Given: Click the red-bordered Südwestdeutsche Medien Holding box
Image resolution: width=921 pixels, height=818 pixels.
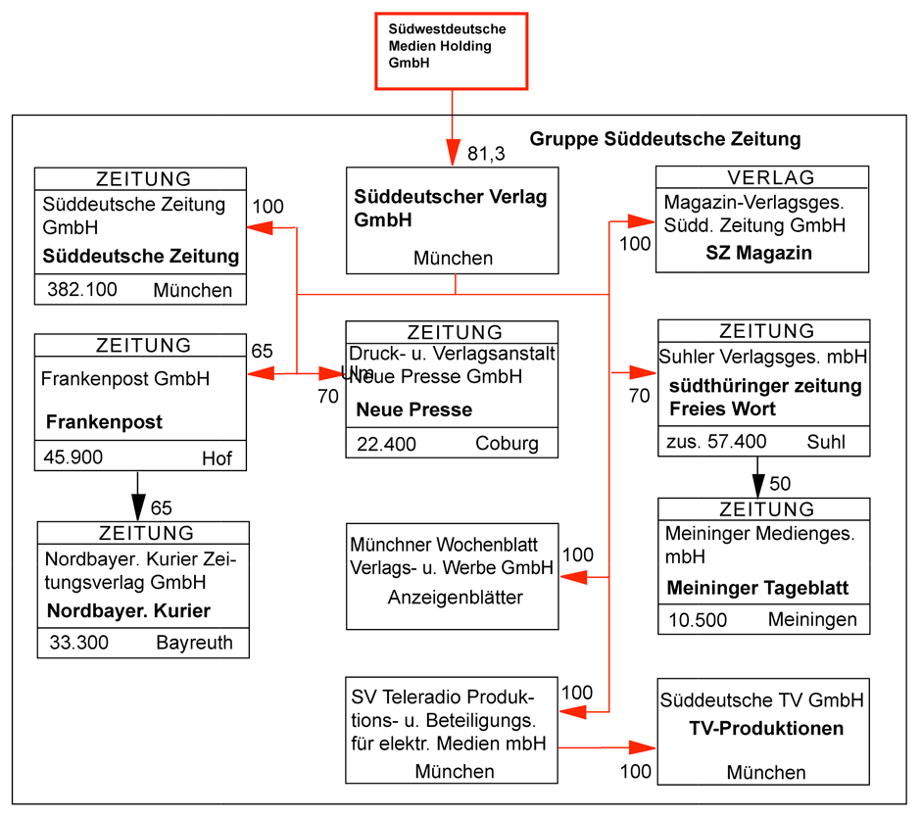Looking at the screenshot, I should (x=452, y=50).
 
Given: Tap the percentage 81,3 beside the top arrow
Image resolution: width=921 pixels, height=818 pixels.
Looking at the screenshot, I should (x=486, y=153).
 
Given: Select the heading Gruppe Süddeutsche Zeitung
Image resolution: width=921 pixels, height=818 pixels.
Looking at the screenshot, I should (x=664, y=139).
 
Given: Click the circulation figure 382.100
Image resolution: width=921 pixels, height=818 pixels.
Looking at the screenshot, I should (x=82, y=290).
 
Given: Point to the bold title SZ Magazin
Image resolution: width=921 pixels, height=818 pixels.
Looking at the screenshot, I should (x=758, y=253).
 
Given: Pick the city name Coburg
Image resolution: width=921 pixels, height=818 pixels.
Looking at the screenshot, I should (x=507, y=444).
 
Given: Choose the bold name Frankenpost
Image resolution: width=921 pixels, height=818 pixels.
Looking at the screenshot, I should (x=104, y=422).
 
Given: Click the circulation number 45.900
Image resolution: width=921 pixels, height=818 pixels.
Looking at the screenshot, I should (x=74, y=457).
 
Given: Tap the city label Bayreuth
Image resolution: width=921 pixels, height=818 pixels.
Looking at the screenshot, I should (x=194, y=644).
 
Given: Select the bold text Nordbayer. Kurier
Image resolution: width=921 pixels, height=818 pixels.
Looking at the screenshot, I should (x=128, y=611).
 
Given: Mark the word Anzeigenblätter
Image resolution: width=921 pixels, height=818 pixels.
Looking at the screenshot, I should (x=456, y=598).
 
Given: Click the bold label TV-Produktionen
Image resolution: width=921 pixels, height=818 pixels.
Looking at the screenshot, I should (x=766, y=729).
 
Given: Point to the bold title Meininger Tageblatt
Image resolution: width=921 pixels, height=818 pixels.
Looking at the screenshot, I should (x=757, y=589).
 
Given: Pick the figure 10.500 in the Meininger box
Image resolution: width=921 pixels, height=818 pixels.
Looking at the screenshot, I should (x=698, y=620).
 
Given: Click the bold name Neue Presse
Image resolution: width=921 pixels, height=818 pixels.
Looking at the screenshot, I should (x=414, y=409).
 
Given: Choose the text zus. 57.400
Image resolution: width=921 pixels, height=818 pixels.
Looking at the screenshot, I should (x=716, y=442).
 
